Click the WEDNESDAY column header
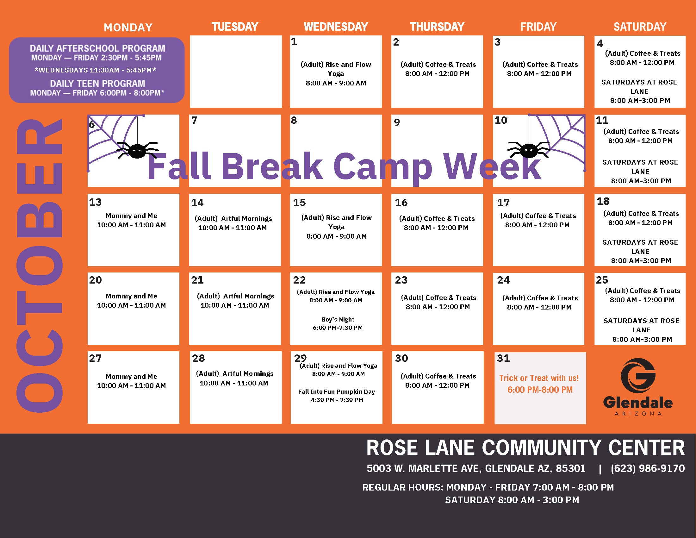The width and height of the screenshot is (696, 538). coord(336,27)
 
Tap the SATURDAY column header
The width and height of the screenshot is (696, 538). coord(640,27)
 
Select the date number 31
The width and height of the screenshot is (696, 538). coord(503,358)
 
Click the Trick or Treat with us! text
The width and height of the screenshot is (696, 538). coord(539,378)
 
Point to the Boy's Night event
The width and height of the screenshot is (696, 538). coord(338,323)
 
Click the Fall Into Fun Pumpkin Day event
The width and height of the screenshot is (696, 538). coord(337,396)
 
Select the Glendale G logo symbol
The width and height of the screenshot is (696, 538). coord(638,376)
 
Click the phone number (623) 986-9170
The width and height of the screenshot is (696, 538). coord(648,468)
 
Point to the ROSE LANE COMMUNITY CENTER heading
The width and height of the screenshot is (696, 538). coord(525,447)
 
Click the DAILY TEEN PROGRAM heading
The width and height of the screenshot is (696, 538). coord(97,84)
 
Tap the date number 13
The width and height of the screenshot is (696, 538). coord(95,202)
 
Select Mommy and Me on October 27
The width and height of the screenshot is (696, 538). coord(131,376)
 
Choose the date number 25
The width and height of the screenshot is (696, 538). coord(602,280)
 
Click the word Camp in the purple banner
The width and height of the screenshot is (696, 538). coord(383,166)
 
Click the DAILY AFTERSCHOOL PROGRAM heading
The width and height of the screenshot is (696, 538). coord(97,48)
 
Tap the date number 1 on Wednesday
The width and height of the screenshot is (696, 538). coord(294,41)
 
